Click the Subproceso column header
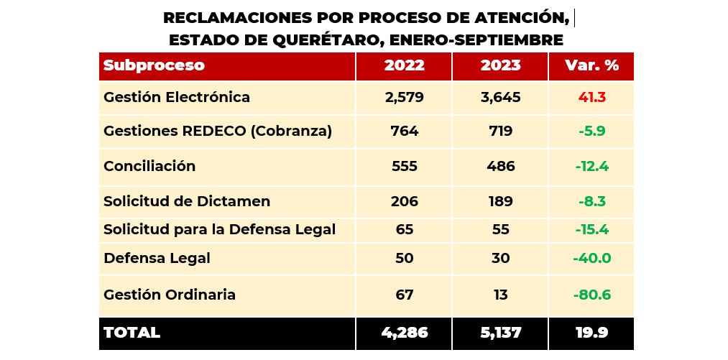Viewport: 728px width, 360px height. pyautogui.click(x=154, y=65)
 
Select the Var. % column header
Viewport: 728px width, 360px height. pyautogui.click(x=591, y=65)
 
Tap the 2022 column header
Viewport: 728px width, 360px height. pyautogui.click(x=404, y=65)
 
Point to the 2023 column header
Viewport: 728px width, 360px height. pyautogui.click(x=500, y=65)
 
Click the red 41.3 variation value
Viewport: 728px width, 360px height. pyautogui.click(x=591, y=97)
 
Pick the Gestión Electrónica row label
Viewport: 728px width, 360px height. pyautogui.click(x=177, y=97)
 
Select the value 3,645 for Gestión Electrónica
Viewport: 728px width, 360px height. pyautogui.click(x=500, y=97)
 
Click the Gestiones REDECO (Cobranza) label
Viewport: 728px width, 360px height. pyautogui.click(x=218, y=131)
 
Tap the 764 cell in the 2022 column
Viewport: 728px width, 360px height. pyautogui.click(x=404, y=131)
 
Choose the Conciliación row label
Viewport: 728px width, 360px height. pyautogui.click(x=149, y=166)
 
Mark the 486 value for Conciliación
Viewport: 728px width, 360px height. pyautogui.click(x=500, y=166)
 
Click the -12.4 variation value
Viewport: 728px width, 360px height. pyautogui.click(x=591, y=167)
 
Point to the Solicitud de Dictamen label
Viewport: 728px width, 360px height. pyautogui.click(x=187, y=202)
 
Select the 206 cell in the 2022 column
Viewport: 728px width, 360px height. pyautogui.click(x=404, y=202)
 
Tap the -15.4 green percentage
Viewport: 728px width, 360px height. pyautogui.click(x=591, y=230)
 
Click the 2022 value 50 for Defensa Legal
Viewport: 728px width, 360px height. pyautogui.click(x=404, y=258)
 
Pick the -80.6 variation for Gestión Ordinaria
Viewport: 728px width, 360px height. pyautogui.click(x=591, y=295)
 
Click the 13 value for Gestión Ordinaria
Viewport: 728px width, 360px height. pyautogui.click(x=500, y=295)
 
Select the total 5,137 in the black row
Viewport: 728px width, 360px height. pyautogui.click(x=500, y=333)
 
